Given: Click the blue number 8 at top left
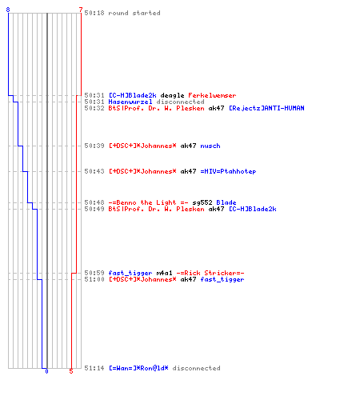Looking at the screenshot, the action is click(x=8, y=10).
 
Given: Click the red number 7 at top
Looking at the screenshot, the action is click(x=81, y=10).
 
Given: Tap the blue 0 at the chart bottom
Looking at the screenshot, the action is click(x=46, y=371).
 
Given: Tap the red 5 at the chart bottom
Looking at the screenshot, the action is click(x=71, y=371).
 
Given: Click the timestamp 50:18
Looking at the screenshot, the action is click(x=94, y=13).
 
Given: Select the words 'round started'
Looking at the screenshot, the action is click(x=134, y=13).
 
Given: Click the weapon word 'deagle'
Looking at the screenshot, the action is click(x=172, y=95).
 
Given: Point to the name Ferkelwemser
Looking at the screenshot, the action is click(x=212, y=95).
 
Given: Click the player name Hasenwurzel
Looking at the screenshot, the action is click(x=130, y=102).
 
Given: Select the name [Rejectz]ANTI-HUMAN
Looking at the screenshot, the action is click(x=266, y=108).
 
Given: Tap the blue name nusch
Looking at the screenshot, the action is click(x=210, y=146).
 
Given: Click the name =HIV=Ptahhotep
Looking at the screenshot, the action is click(x=228, y=171).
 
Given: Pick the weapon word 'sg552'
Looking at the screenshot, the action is click(x=202, y=202).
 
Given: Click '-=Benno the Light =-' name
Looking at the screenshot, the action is click(x=148, y=202).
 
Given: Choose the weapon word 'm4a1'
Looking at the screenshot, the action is click(x=164, y=273).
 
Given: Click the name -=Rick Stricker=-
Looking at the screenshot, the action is click(x=210, y=273).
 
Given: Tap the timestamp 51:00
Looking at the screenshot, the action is click(x=94, y=279).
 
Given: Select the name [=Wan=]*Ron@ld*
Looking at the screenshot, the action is click(x=138, y=368).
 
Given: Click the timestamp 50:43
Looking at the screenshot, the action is click(x=94, y=171).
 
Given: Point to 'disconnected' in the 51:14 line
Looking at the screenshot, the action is click(x=196, y=368).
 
